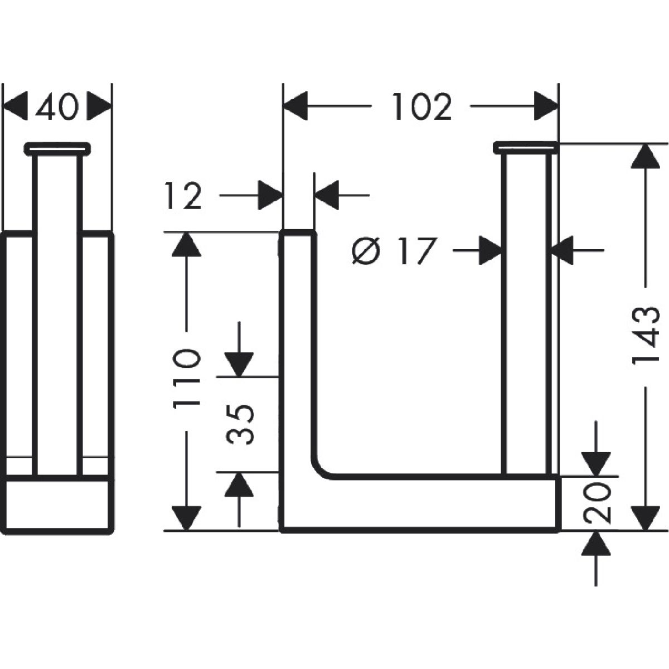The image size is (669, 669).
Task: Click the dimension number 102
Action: coord(421,106)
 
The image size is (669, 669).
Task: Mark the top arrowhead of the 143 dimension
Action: coord(645,156)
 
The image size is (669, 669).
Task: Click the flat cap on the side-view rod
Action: coord(526,147)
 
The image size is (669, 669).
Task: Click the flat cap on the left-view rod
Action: coord(57,148)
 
